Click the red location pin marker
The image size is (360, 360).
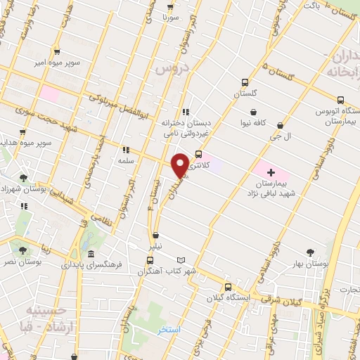tap(180, 164)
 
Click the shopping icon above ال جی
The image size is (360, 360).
tap(281, 126)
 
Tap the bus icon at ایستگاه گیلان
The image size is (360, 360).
tap(227, 287)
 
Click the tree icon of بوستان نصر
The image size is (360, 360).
tap(23, 250)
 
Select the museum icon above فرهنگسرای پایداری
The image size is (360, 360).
tap(91, 255)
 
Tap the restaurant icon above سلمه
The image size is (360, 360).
tap(126, 150)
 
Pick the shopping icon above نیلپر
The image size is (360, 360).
tap(155, 236)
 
